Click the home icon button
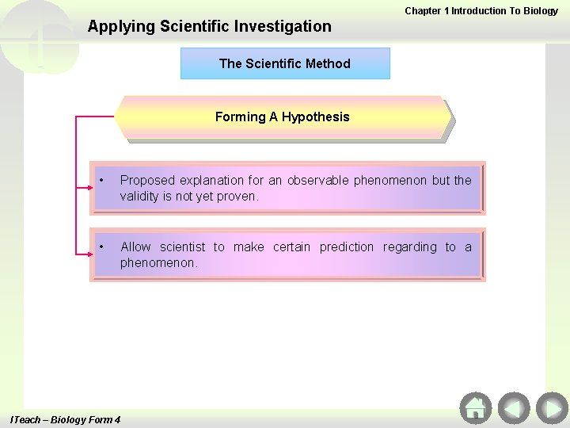[475, 408]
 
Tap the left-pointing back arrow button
[514, 408]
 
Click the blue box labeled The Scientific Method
[285, 63]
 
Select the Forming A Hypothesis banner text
[282, 117]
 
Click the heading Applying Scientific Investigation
[210, 26]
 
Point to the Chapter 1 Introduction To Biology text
[481, 11]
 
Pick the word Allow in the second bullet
[135, 247]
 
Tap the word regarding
[409, 247]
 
